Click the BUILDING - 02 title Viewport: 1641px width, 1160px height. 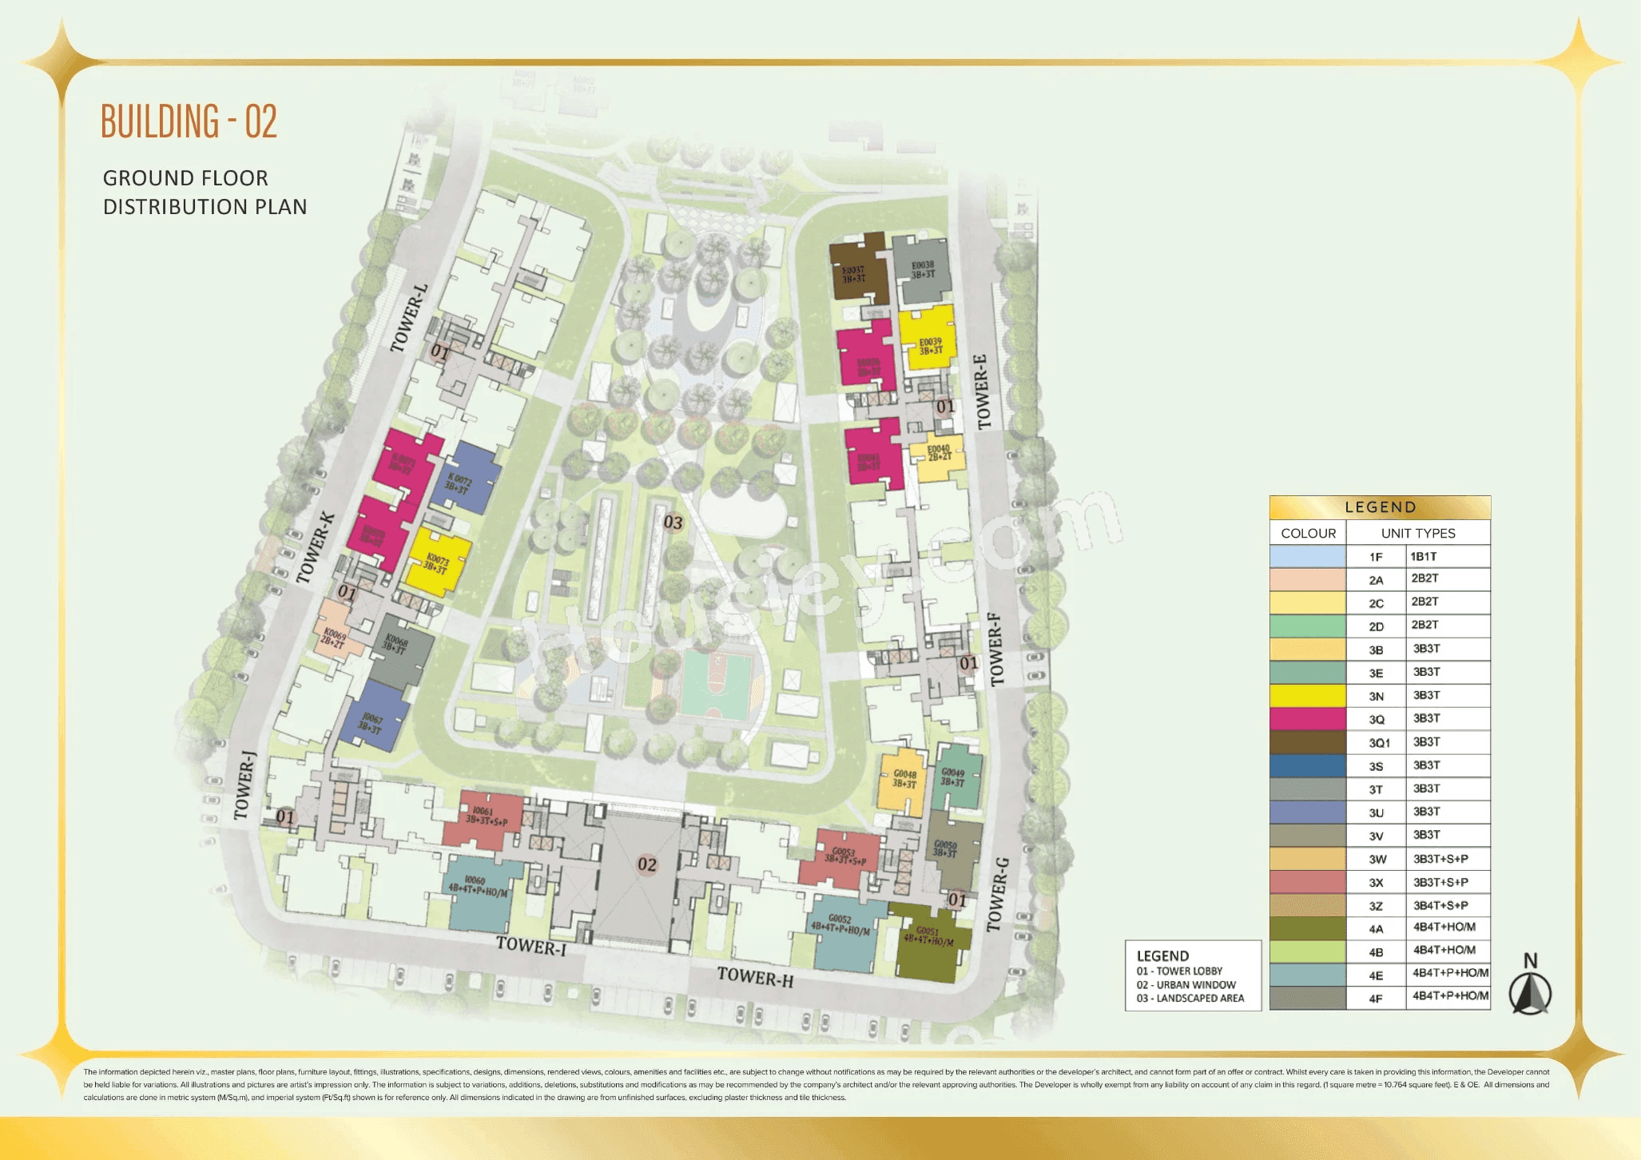[x=189, y=121]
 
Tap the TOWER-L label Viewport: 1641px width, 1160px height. [x=409, y=318]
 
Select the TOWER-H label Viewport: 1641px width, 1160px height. [x=755, y=976]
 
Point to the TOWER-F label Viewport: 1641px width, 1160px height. [x=995, y=649]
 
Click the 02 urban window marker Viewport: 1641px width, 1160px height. [x=647, y=864]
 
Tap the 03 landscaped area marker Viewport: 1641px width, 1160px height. [x=673, y=522]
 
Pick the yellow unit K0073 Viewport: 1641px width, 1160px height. [x=437, y=562]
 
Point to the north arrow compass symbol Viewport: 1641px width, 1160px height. [x=1530, y=991]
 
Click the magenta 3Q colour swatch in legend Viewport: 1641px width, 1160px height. [x=1307, y=719]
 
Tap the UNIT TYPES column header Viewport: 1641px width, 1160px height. [x=1417, y=533]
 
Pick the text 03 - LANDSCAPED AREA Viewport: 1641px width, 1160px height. [x=1190, y=998]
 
